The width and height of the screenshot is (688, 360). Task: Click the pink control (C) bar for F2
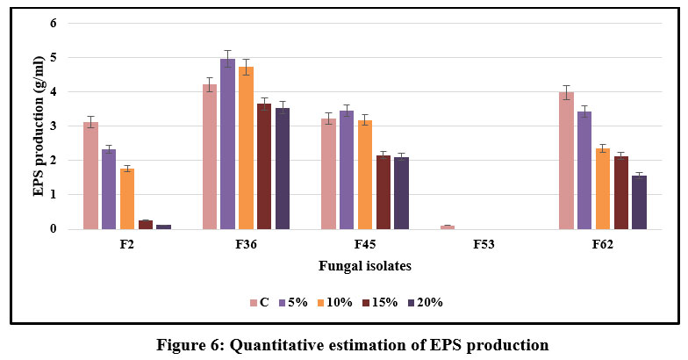[x=90, y=176]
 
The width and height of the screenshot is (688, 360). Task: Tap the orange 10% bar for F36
[x=246, y=148]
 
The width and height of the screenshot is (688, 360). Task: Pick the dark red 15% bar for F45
[x=383, y=192]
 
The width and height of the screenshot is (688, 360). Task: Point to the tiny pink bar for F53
[x=448, y=227]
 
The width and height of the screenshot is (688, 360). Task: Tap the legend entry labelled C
[x=258, y=302]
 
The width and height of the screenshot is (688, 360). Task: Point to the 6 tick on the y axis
[x=53, y=23]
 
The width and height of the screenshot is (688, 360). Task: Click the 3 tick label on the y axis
[x=53, y=126]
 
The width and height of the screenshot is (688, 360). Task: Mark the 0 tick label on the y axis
[x=53, y=229]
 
